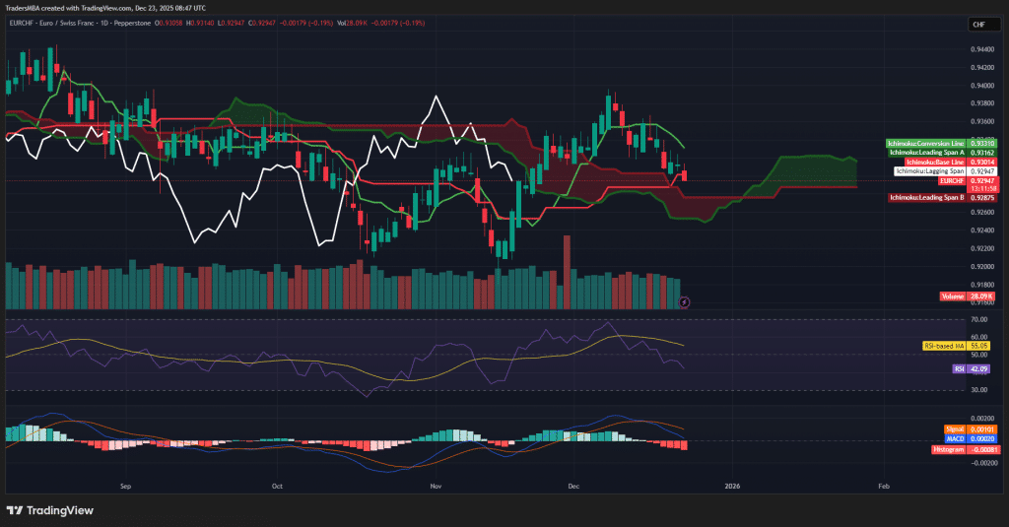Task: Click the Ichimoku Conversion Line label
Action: click(x=926, y=144)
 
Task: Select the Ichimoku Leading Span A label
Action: click(x=926, y=153)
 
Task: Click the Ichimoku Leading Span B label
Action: click(x=926, y=198)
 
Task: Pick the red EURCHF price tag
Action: click(x=952, y=180)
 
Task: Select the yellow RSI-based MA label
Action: click(x=944, y=346)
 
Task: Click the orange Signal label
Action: click(x=954, y=429)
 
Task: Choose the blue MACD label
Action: click(x=954, y=438)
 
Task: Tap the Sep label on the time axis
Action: click(x=125, y=486)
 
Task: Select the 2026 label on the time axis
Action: click(x=731, y=486)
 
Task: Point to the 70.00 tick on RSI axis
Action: click(x=978, y=320)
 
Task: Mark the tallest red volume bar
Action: click(x=567, y=272)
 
